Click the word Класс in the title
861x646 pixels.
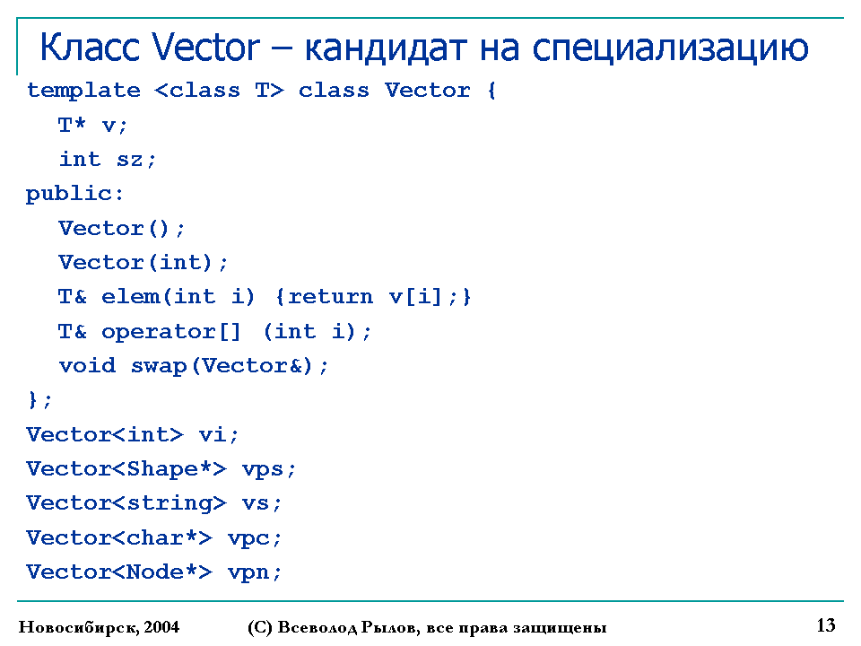click(90, 48)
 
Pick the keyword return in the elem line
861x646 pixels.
click(331, 297)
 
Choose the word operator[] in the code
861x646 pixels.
click(171, 332)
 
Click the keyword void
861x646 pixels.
click(87, 365)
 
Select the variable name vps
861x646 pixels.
click(263, 470)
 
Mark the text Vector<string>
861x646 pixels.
click(126, 504)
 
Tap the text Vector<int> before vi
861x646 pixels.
click(105, 434)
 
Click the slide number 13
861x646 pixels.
click(826, 625)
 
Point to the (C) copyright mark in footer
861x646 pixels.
click(260, 627)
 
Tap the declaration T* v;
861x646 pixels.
click(92, 126)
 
